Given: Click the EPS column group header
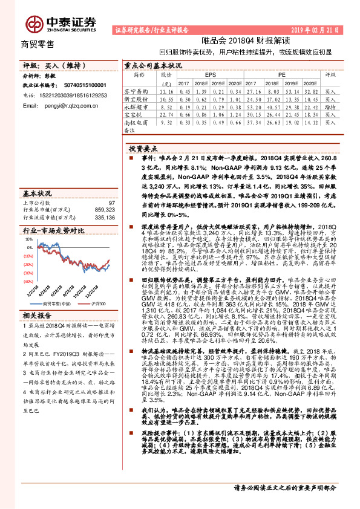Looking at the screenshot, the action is (x=210, y=74).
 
